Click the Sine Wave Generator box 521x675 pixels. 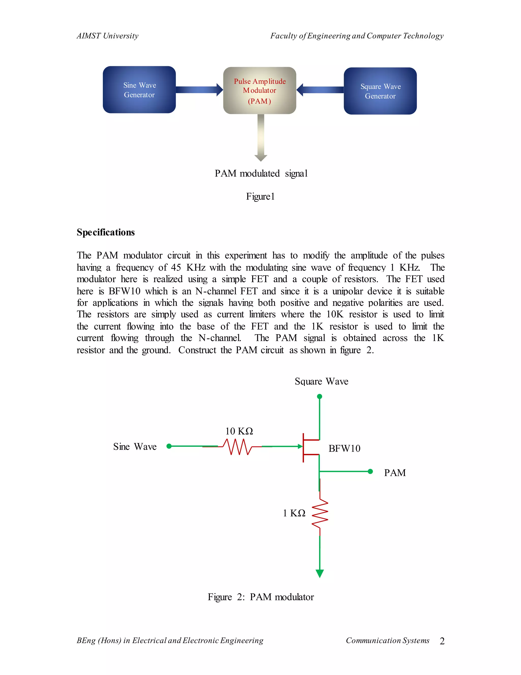(x=139, y=90)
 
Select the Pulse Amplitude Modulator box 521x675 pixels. (x=259, y=91)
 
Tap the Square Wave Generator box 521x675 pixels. (x=380, y=91)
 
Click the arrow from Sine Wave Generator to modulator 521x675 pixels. (x=199, y=90)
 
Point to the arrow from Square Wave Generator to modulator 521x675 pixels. (x=320, y=90)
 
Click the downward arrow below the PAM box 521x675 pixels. (x=261, y=138)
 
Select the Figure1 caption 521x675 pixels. (x=260, y=197)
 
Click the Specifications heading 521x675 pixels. (x=106, y=232)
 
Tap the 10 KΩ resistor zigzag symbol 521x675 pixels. (x=237, y=447)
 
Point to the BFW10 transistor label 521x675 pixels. (x=344, y=449)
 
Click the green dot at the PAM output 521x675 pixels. (x=370, y=471)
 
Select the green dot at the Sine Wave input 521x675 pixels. (x=169, y=446)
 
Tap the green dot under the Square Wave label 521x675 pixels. (x=320, y=397)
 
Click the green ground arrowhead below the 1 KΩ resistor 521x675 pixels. (x=320, y=574)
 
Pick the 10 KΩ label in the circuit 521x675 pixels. (x=239, y=431)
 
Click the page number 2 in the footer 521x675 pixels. (x=442, y=641)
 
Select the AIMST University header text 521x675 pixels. (x=107, y=36)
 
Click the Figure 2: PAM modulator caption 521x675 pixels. (x=260, y=597)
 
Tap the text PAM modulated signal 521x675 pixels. (x=261, y=173)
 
